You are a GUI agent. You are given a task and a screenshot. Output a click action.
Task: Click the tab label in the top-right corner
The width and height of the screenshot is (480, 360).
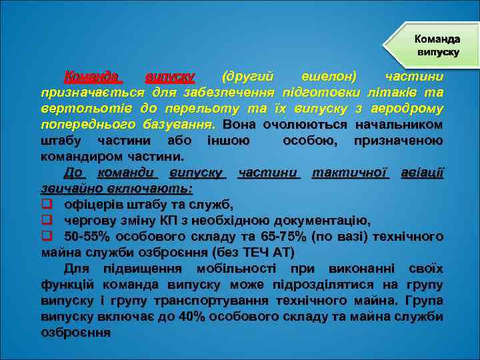437,45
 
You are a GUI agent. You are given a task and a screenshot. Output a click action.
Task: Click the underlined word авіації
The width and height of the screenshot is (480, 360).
421,173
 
